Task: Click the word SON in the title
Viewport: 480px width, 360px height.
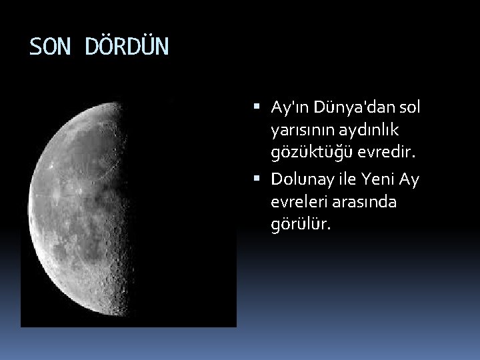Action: tap(50, 47)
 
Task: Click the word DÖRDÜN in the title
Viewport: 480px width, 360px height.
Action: tap(127, 47)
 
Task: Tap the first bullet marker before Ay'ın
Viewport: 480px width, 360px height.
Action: tap(258, 107)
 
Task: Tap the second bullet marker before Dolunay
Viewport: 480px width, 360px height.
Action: tap(258, 180)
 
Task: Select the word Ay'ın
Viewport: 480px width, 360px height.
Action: tap(287, 107)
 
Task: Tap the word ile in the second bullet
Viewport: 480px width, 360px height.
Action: tap(351, 180)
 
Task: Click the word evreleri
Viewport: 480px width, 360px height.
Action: tap(298, 202)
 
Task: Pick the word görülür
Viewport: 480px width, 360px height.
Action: tap(301, 225)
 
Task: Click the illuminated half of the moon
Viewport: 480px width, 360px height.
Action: tap(80, 213)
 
